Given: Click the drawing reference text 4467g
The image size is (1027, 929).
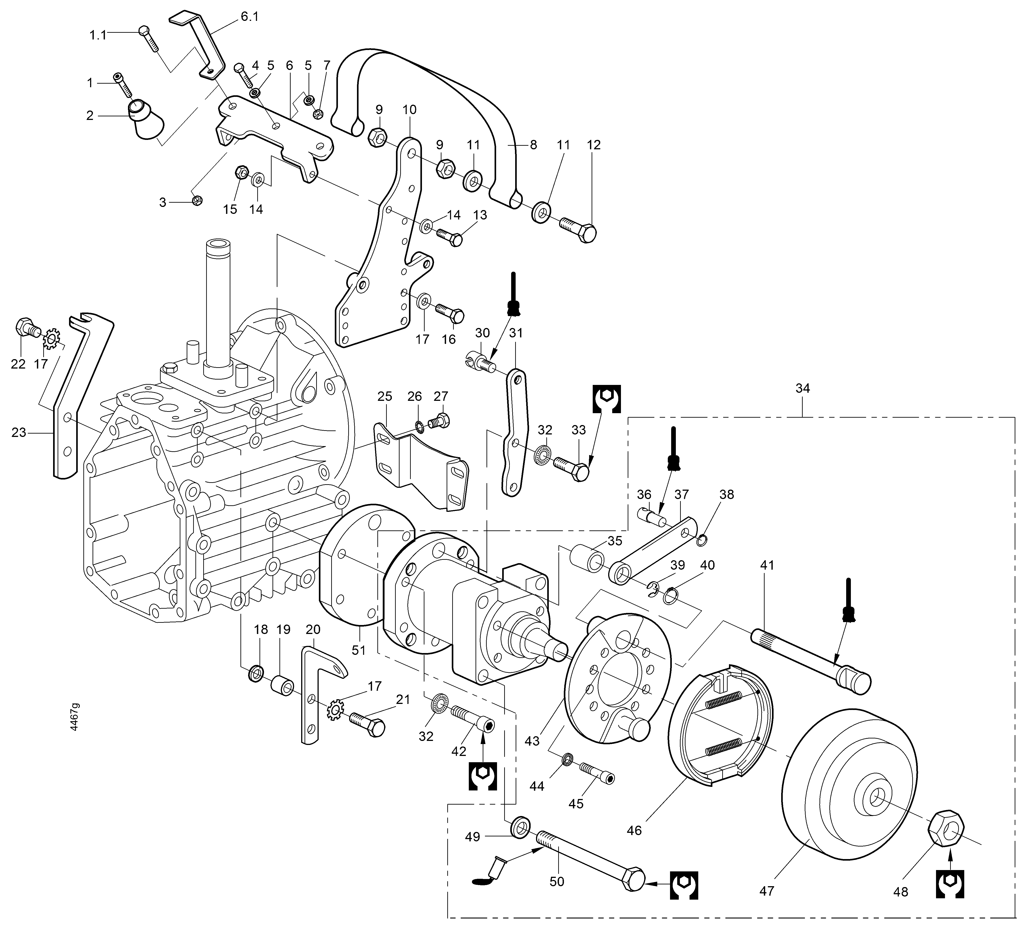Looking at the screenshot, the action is point(74,717).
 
